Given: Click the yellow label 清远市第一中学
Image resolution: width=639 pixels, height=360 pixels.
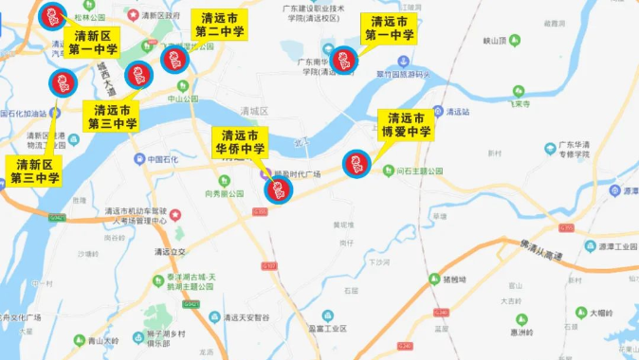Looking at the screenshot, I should point(389,28).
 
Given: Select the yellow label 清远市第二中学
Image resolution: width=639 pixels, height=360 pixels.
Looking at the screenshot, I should point(220,26).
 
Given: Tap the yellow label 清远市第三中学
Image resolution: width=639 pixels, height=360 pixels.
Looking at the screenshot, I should point(113,117).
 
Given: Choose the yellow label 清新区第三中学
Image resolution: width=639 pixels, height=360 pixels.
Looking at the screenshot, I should point(35,171).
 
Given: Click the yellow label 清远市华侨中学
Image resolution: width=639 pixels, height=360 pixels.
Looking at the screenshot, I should point(240,142).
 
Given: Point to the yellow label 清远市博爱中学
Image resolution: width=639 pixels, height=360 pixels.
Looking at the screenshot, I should point(407,125).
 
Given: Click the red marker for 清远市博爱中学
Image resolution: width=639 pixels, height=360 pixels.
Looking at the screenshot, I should point(356,165).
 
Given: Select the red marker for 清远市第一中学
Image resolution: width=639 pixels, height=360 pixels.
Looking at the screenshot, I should point(343,60).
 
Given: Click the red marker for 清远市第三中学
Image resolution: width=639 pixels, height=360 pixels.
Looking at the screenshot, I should point(139,75).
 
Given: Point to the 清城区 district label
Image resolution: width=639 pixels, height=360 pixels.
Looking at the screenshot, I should point(255,110).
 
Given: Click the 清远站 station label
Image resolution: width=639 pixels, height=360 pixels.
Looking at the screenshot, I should point(457,111).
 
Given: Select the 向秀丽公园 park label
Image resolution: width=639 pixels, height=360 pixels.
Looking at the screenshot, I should point(223,193).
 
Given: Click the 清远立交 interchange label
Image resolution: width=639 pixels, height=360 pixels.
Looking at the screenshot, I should point(170,252).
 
